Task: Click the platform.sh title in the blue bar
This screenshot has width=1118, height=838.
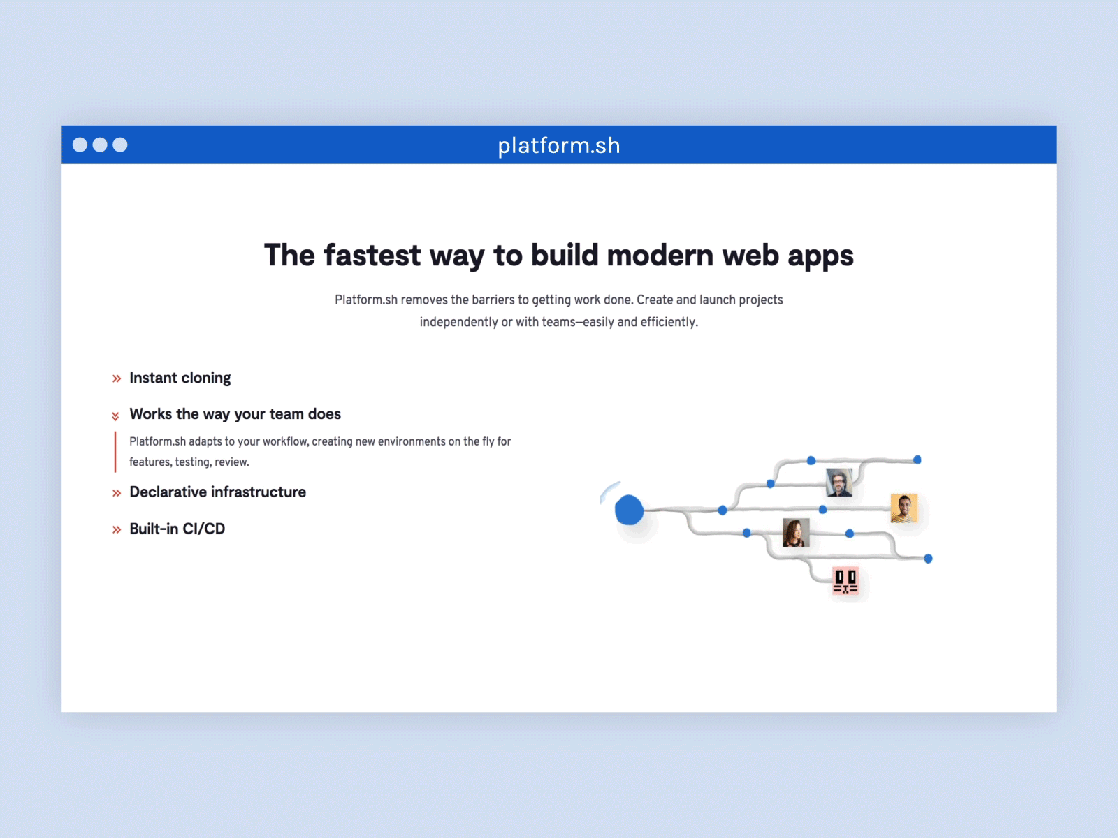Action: (x=558, y=145)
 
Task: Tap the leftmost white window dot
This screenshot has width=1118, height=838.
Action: (x=80, y=145)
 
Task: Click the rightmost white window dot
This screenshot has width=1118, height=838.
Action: (x=120, y=145)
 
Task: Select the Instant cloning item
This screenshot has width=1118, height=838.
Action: (x=180, y=378)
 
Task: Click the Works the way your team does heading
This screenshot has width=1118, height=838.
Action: (x=235, y=414)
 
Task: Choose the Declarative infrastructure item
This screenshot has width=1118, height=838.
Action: (x=217, y=492)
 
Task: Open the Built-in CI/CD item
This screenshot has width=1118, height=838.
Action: (x=177, y=529)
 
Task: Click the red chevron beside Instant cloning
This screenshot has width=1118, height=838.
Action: (x=116, y=379)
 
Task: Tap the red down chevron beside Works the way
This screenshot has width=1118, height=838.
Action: (x=115, y=416)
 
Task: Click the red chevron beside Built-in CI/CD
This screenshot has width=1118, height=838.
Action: (x=116, y=530)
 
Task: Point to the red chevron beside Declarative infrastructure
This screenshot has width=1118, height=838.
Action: (x=116, y=494)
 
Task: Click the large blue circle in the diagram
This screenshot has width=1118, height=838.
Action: (x=629, y=510)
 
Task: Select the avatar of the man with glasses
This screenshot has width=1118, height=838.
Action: (x=838, y=483)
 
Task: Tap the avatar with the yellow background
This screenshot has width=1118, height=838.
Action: (x=903, y=508)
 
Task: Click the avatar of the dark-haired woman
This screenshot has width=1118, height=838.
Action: (x=795, y=533)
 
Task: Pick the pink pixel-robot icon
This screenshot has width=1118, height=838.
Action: (x=845, y=581)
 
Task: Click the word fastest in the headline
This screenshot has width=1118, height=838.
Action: (x=372, y=256)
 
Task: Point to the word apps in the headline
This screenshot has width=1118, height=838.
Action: (x=820, y=256)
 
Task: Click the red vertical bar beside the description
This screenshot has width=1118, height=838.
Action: (x=115, y=452)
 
